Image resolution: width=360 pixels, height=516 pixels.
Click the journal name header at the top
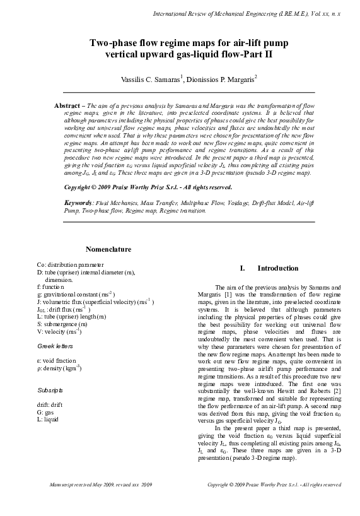(x=247, y=13)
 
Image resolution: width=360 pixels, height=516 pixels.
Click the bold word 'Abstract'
(x=66, y=107)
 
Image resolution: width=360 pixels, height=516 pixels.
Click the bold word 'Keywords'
(x=78, y=202)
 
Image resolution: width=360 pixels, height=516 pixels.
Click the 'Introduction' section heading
(x=278, y=268)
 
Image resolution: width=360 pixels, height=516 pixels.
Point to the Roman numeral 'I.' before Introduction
(x=235, y=268)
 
